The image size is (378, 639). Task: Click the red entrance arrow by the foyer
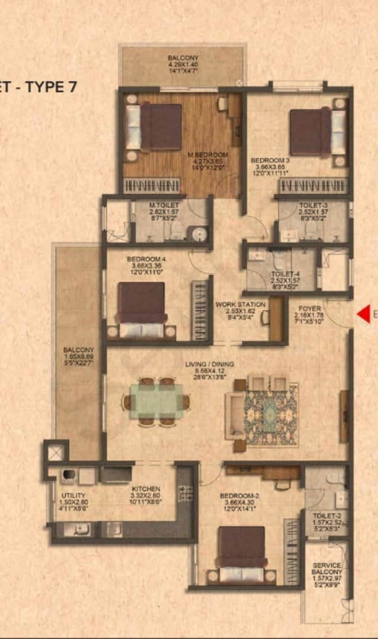(x=363, y=314)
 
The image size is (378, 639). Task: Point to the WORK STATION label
(x=240, y=305)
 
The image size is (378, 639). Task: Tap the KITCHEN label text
(x=146, y=489)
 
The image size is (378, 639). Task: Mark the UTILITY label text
(x=73, y=495)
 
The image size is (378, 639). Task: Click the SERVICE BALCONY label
(x=327, y=569)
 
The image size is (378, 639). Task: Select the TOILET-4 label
(x=283, y=274)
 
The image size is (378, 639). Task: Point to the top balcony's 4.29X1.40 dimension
(x=183, y=66)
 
